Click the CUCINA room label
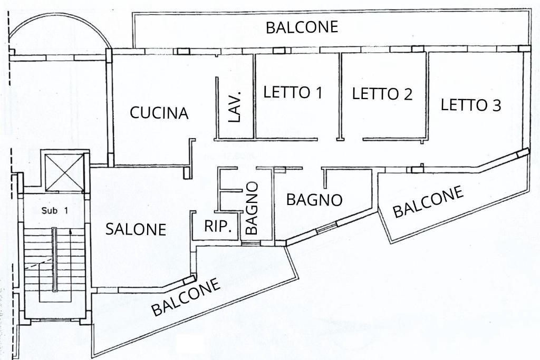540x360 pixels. pos(159,113)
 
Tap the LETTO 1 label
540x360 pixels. pos(293,93)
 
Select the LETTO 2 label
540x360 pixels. pos(382,94)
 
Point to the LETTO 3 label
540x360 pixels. pos(470,105)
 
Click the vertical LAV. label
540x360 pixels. pos(235,106)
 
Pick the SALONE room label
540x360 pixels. pos(136,229)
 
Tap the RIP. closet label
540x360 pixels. pos(218,227)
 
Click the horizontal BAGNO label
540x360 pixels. pos(314,200)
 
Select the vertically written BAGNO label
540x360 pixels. pos(252,208)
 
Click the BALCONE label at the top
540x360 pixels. pos(302,27)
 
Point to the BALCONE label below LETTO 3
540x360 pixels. pos(428,201)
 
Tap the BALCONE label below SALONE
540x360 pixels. pos(186,298)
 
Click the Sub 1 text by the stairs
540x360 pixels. pos(55,210)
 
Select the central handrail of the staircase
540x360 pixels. pos(54,259)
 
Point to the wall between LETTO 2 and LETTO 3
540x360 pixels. pos(427,95)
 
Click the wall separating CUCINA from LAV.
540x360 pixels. pos(217,108)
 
